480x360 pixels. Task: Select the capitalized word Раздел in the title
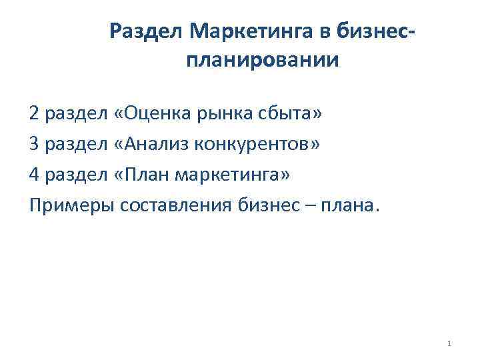[147, 30]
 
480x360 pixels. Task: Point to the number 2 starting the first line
[34, 114]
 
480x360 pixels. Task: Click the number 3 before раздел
[34, 145]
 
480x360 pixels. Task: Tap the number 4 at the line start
[34, 175]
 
